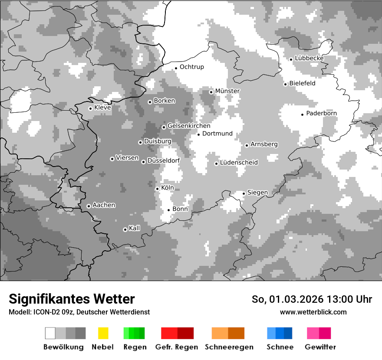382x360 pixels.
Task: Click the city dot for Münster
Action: [x=211, y=92]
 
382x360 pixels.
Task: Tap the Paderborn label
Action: [x=321, y=114]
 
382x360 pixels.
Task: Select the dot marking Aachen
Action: [x=89, y=206]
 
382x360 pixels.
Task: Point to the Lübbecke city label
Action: [x=309, y=58]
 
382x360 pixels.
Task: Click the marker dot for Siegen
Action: [x=244, y=193]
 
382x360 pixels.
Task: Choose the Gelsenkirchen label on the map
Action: [x=189, y=126]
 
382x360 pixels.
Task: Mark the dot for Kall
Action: [x=125, y=229]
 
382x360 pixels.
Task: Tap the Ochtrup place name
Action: [x=191, y=67]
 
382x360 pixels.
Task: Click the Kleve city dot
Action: [x=90, y=108]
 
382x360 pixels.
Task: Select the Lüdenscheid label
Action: [x=239, y=163]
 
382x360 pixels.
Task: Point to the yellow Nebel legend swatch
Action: [x=103, y=333]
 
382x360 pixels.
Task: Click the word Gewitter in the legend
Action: [x=320, y=347]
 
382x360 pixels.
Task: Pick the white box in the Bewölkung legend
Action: [x=50, y=333]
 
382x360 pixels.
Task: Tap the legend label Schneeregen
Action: [x=229, y=347]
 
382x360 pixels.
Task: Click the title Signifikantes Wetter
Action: [x=72, y=299]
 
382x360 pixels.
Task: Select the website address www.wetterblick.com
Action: [x=313, y=312]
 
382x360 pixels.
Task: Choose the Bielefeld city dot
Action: [x=285, y=84]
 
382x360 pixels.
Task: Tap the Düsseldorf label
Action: [x=163, y=161]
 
